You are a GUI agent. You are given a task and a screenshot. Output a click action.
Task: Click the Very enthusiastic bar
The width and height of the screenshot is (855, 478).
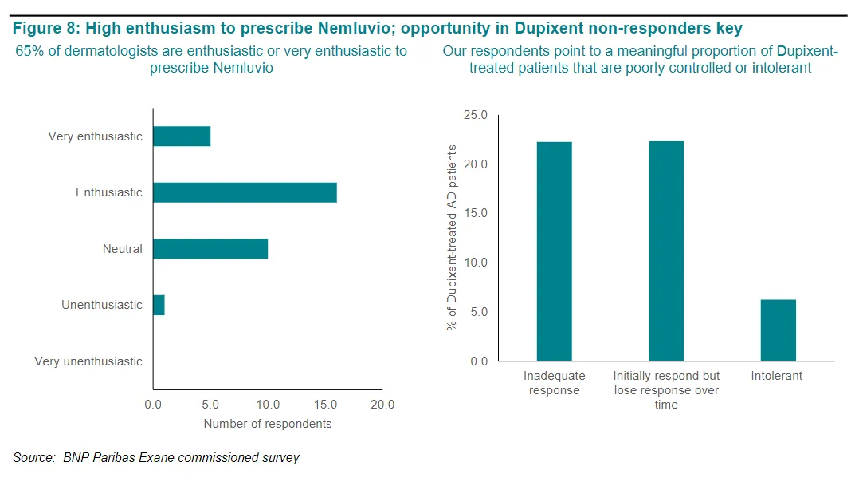click(x=182, y=136)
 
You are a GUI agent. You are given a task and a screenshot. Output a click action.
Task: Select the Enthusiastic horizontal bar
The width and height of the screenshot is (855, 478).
click(x=245, y=192)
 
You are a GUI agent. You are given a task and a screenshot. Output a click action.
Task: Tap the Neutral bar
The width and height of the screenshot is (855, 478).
click(x=210, y=249)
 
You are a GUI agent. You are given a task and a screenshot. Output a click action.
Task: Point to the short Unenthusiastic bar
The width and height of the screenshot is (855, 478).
click(x=159, y=305)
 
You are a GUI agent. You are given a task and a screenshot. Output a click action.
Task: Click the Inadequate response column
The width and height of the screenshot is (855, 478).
click(x=554, y=251)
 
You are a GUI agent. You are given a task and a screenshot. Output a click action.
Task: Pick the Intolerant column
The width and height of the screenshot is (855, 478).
click(x=778, y=330)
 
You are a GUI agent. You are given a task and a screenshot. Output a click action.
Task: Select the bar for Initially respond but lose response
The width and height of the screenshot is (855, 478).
click(x=666, y=251)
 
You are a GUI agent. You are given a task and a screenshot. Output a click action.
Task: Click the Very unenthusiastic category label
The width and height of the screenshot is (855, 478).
click(x=88, y=361)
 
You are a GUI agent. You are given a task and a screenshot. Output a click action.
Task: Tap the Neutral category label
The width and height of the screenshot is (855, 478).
click(x=123, y=249)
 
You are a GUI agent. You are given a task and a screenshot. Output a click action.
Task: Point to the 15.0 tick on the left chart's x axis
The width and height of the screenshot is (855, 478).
click(x=325, y=405)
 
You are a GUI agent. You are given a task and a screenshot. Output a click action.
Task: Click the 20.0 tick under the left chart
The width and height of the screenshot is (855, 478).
click(x=382, y=405)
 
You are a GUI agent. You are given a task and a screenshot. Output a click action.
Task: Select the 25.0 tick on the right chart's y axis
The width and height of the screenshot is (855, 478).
click(x=476, y=116)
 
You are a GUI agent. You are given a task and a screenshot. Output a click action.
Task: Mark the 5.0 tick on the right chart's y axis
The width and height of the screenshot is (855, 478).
click(x=478, y=312)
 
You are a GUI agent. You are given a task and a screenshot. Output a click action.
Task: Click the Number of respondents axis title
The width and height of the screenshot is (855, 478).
click(x=268, y=424)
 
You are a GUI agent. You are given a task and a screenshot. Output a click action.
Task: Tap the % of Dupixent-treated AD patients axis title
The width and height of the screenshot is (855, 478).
click(x=452, y=238)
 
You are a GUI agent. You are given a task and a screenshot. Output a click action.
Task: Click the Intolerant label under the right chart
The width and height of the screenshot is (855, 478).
click(x=777, y=375)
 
